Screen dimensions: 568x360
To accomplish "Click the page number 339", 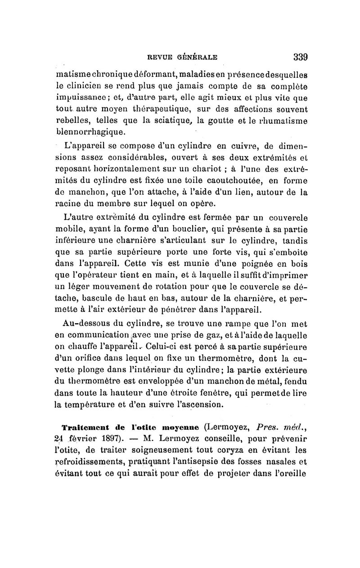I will point(300,57).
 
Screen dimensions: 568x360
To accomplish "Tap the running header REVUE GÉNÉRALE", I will point(183,57).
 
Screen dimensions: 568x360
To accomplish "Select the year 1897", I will point(104,438).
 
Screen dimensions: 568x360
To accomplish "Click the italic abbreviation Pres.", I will point(267,426).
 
